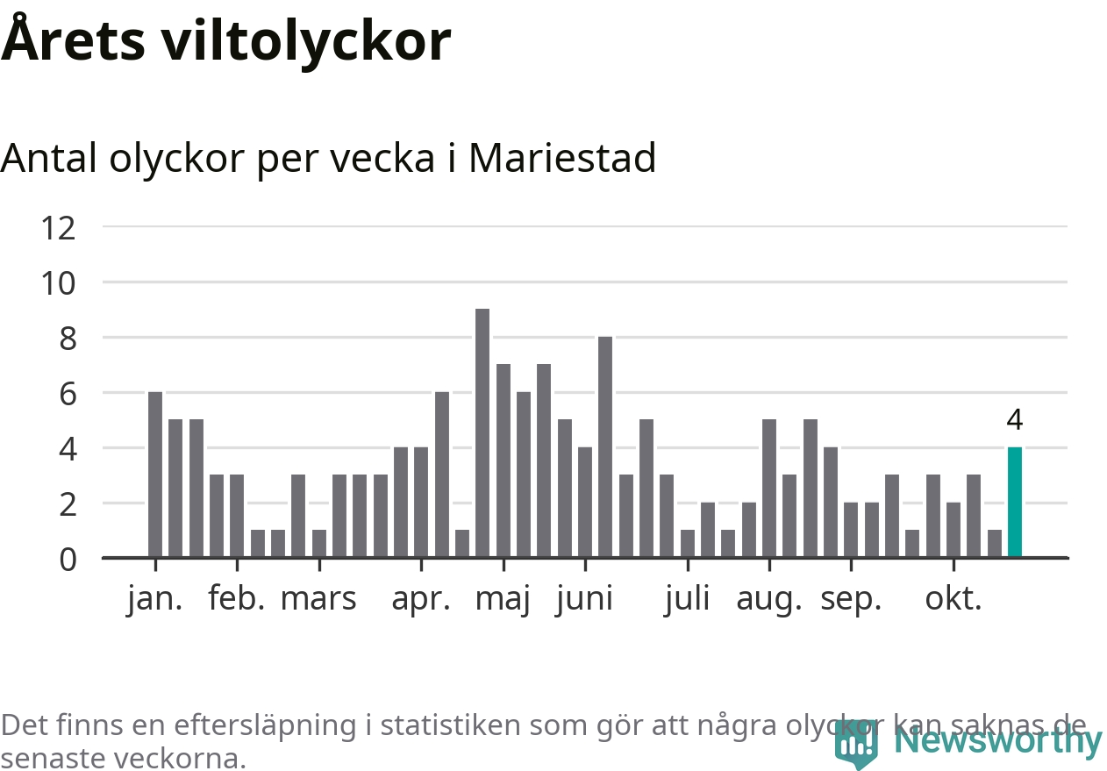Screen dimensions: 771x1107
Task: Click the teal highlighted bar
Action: coord(1014,502)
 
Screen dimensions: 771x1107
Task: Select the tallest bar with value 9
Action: coord(482,433)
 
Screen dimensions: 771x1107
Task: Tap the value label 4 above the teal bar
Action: coord(1014,421)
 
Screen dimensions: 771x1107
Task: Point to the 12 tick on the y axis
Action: coord(58,228)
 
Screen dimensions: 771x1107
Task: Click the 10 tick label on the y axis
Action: coord(58,283)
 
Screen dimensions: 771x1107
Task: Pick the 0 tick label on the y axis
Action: coord(67,559)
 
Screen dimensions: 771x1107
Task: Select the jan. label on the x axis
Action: coord(154,599)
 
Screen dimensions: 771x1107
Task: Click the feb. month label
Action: coord(236,599)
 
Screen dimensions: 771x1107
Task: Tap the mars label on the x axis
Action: coord(318,599)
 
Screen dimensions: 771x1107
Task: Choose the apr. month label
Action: coord(421,599)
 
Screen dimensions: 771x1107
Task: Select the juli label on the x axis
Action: coord(687,599)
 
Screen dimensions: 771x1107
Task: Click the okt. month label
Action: coord(953,599)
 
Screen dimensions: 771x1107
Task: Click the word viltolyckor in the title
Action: coord(304,41)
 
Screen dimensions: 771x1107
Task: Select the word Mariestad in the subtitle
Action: coord(562,158)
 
